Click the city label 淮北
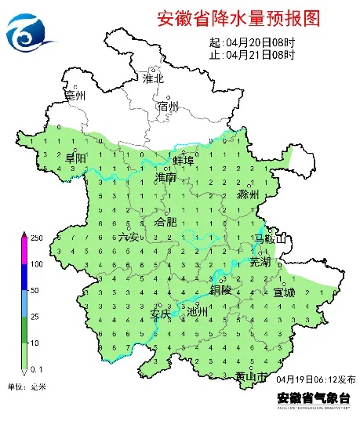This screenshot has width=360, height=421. click(153, 78)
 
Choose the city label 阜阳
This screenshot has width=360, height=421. click(75, 158)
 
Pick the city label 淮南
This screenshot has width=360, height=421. click(165, 179)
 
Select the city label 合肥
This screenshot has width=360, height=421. click(166, 223)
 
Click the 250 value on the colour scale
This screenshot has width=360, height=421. click(37, 237)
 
